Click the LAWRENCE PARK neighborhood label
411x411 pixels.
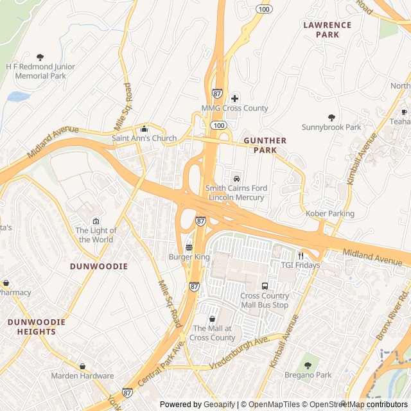(x=328, y=30)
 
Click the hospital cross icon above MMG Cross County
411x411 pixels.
(x=234, y=98)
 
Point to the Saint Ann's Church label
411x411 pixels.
(x=144, y=138)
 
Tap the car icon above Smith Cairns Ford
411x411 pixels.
(x=236, y=178)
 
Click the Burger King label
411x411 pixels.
(x=189, y=257)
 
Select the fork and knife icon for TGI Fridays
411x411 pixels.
(x=300, y=256)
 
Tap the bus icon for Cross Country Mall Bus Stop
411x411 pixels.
(x=264, y=286)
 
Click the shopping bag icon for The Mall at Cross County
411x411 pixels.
(x=212, y=319)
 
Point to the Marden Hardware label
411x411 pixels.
(x=82, y=376)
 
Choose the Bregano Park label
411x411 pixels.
(x=309, y=374)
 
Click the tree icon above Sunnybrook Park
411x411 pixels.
(x=331, y=118)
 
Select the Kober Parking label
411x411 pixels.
(x=330, y=213)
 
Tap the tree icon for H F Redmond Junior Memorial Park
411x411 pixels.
(x=40, y=57)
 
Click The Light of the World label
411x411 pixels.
(x=96, y=235)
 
